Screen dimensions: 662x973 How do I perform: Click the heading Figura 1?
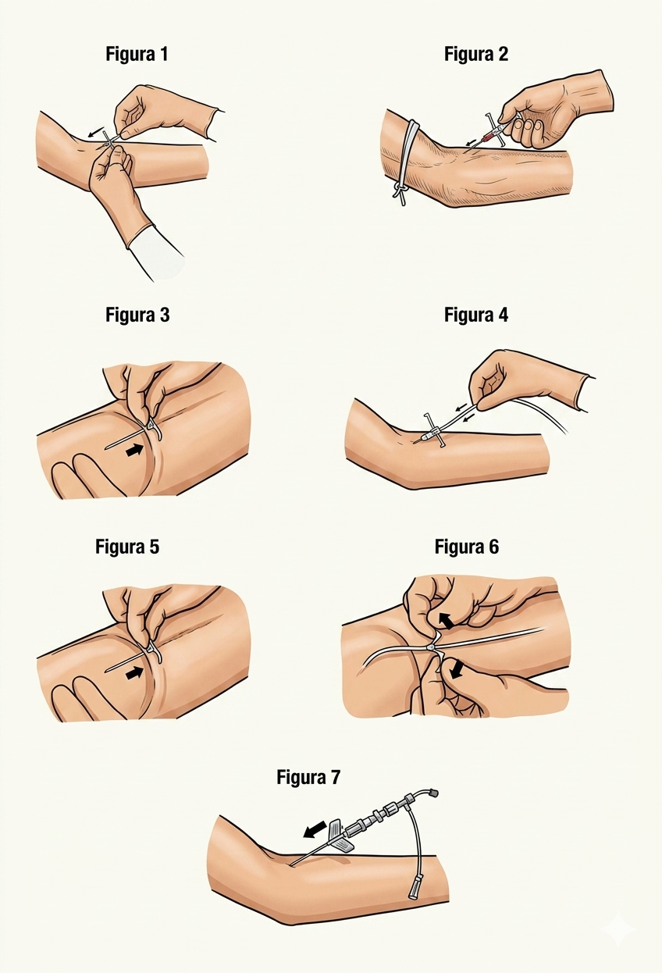click(x=137, y=55)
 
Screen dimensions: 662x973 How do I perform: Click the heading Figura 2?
click(x=475, y=55)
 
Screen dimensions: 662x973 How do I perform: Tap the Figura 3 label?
click(x=137, y=315)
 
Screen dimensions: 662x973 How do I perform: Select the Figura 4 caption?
click(x=475, y=315)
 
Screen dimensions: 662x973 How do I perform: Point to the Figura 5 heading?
click(x=127, y=547)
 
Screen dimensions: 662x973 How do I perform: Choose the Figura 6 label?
click(x=467, y=547)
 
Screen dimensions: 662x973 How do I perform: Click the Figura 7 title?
click(x=308, y=777)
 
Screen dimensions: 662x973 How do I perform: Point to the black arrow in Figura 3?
click(x=134, y=451)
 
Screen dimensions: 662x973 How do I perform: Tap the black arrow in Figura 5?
click(x=134, y=672)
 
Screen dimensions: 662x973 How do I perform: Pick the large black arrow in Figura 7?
click(x=315, y=828)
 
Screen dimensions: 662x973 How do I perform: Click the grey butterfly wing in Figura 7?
click(x=341, y=835)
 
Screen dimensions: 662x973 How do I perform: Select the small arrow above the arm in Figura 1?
click(x=95, y=133)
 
